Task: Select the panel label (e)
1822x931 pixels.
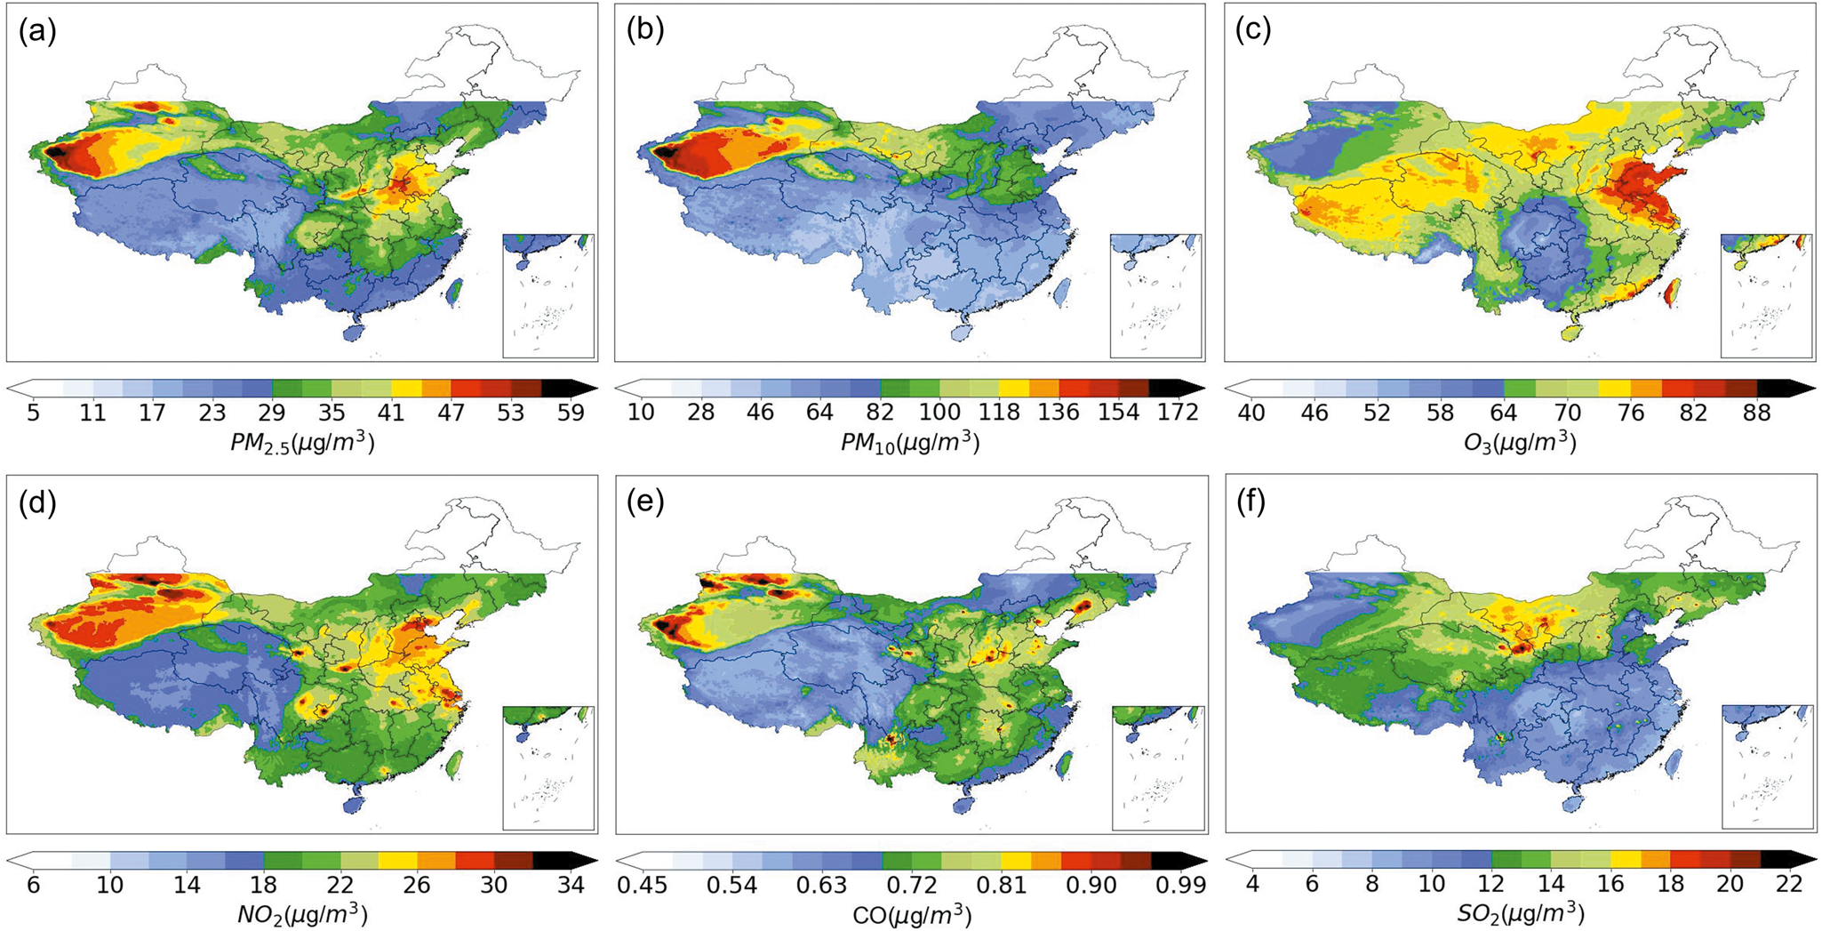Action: [645, 503]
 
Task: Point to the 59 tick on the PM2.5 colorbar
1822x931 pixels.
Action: [569, 413]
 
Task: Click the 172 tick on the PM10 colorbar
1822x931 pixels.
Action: [1174, 413]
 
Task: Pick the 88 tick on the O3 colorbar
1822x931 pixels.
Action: [1757, 413]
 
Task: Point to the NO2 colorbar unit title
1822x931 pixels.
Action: [302, 914]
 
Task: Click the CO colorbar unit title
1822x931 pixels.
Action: [910, 914]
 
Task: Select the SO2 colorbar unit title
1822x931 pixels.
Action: [1520, 914]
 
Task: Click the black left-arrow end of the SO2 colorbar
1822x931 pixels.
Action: [1241, 859]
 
